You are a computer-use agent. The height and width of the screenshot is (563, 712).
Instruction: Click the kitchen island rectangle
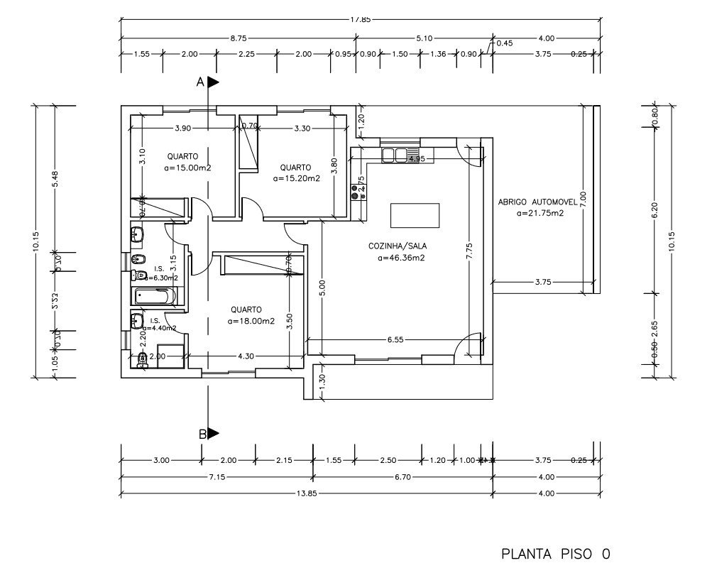[415, 215]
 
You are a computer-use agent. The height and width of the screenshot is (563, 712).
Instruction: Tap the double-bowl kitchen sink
[395, 155]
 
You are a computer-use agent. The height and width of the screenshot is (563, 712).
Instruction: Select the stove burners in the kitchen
[354, 192]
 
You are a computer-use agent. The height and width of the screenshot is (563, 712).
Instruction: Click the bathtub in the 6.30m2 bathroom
[152, 297]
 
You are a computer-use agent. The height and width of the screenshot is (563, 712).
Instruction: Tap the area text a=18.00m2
[251, 321]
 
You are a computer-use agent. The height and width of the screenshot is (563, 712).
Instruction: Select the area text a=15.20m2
[296, 179]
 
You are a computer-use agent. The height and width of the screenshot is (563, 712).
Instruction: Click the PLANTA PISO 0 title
[555, 553]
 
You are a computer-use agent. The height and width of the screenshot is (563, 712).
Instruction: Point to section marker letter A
[200, 82]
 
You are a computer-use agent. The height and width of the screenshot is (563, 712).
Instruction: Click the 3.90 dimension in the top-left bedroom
[183, 129]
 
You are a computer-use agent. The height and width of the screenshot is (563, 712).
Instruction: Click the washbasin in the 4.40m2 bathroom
[136, 322]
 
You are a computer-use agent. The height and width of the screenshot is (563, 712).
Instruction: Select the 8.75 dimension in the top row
[239, 38]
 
